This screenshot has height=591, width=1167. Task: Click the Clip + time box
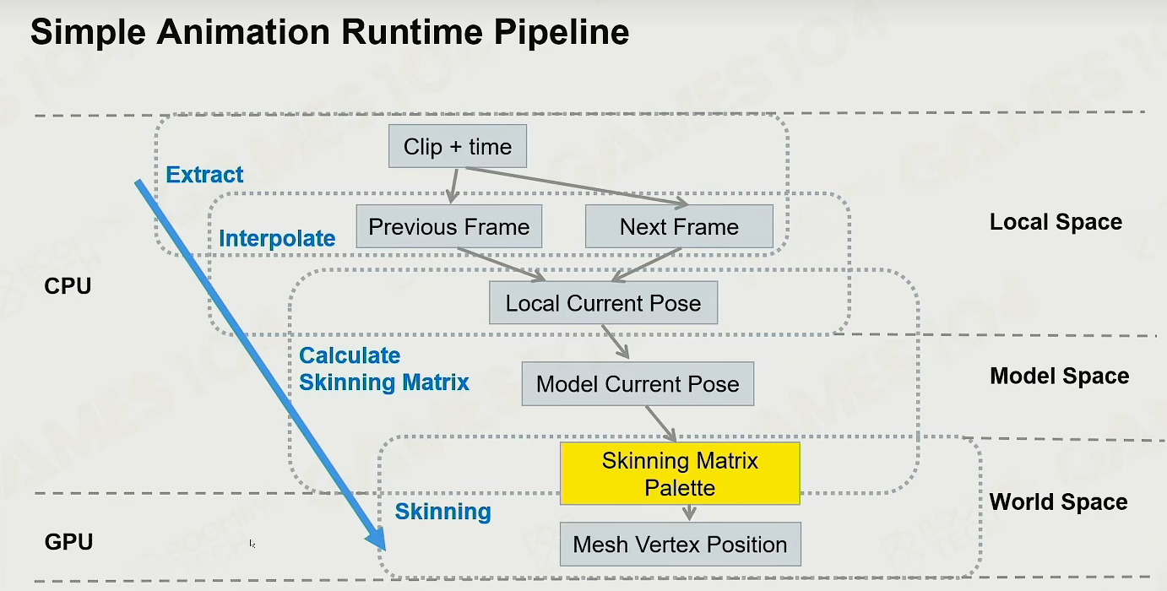[x=458, y=146]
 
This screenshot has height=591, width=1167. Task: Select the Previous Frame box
[x=449, y=226]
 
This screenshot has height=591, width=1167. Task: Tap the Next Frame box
[x=679, y=226]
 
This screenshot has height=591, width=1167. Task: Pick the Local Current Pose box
[x=603, y=303]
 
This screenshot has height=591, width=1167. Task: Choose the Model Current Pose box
[x=638, y=384]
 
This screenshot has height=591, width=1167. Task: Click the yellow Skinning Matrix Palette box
[x=680, y=474]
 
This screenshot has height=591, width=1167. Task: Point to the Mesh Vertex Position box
[x=681, y=544]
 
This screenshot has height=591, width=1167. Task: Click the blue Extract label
[x=204, y=175]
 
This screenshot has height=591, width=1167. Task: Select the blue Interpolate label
[x=277, y=238]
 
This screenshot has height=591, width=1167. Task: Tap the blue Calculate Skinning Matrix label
[x=384, y=369]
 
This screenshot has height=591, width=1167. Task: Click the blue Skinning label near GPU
[x=442, y=512]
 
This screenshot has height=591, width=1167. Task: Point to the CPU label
[x=68, y=286]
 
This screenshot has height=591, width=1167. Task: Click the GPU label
[x=68, y=541]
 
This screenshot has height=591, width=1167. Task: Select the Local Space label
[x=1056, y=222]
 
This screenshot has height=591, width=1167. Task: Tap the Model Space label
[x=1059, y=376]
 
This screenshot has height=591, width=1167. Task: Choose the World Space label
[x=1058, y=502]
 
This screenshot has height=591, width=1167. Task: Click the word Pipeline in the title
[x=562, y=32]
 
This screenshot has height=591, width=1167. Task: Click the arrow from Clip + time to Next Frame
[x=578, y=186]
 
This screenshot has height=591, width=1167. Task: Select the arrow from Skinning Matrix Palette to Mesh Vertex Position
[x=689, y=512]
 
